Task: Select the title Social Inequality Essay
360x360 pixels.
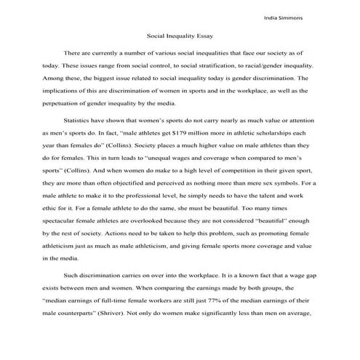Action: pos(180,35)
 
